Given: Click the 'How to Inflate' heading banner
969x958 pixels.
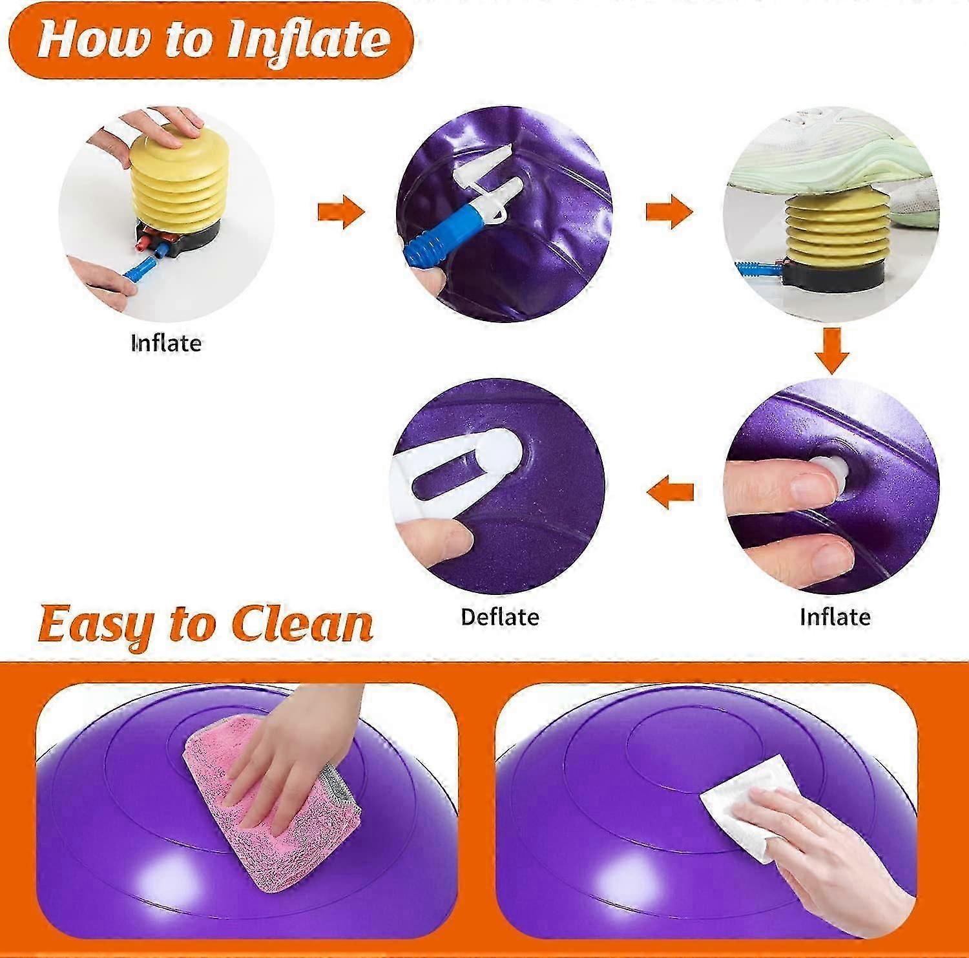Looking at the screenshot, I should [x=213, y=40].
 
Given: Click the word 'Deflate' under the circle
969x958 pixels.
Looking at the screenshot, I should [x=499, y=618].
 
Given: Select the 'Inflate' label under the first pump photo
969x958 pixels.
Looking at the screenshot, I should [x=166, y=342].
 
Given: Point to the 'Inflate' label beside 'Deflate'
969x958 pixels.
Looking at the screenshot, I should [x=835, y=618].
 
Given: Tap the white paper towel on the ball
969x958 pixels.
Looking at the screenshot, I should [x=743, y=807].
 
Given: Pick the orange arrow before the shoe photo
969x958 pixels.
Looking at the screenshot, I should [x=670, y=212].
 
